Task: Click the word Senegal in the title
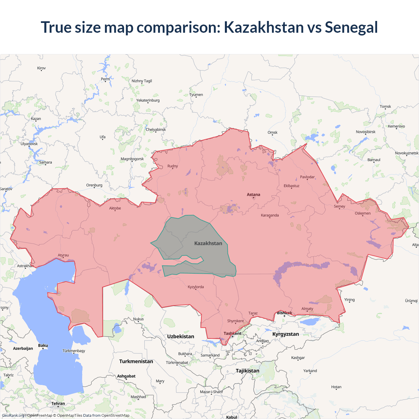(351, 27)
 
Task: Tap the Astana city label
(253, 195)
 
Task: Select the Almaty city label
(307, 309)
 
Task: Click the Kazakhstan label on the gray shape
(208, 243)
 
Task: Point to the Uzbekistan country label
(180, 337)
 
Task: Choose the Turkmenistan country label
(136, 361)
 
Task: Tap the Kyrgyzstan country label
(285, 334)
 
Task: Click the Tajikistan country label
(247, 371)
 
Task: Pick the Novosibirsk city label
(366, 132)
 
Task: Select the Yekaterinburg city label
(148, 100)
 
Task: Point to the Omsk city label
(272, 133)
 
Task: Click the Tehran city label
(58, 404)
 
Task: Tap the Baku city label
(43, 346)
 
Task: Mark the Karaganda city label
(270, 215)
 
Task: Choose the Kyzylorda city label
(196, 287)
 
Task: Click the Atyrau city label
(63, 255)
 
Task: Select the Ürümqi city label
(411, 301)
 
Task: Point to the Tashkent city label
(232, 334)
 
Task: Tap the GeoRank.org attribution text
(13, 415)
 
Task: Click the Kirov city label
(41, 68)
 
